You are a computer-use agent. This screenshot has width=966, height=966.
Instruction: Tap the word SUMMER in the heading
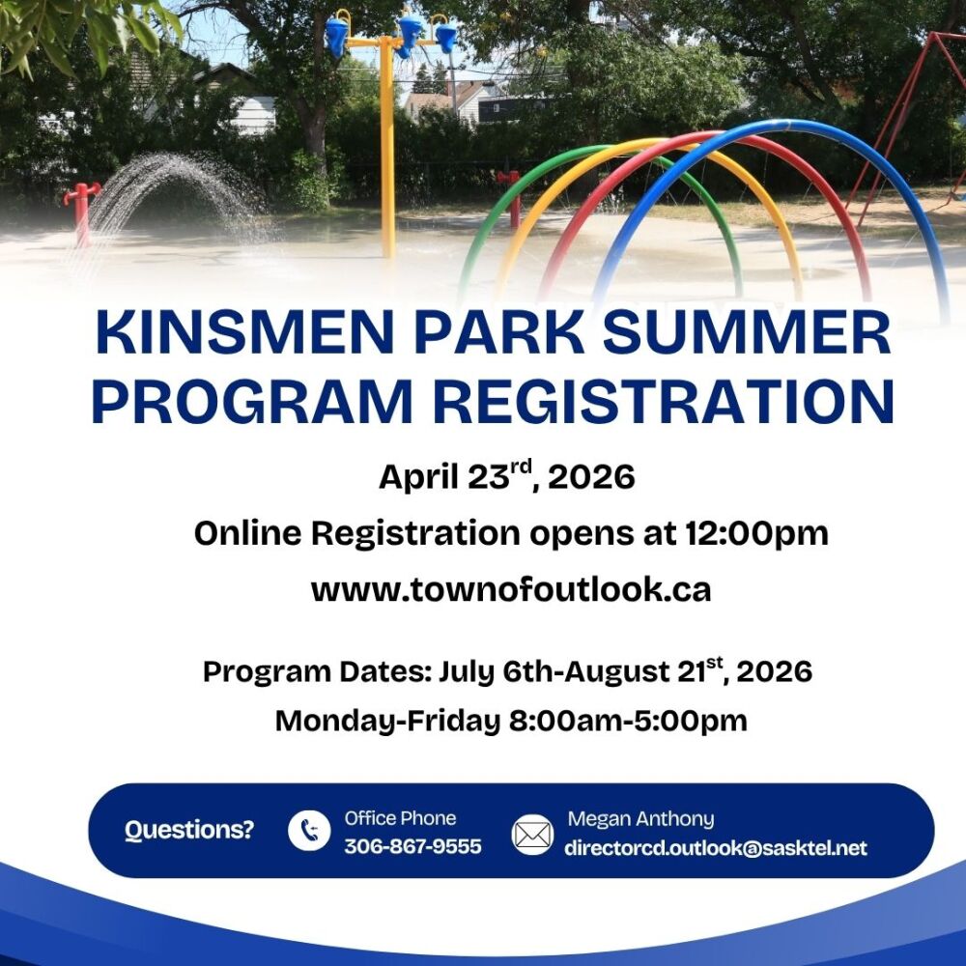(747, 332)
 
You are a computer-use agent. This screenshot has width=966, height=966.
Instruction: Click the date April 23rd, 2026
(506, 476)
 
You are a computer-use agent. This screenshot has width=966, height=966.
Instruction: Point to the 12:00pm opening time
(756, 533)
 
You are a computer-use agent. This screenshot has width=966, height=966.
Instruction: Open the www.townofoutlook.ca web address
(511, 589)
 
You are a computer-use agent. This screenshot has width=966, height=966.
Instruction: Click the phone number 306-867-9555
(412, 846)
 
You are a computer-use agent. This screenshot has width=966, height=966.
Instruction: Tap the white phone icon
(309, 831)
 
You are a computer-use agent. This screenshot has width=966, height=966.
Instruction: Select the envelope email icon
(532, 835)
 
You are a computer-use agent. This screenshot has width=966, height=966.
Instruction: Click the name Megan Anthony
(640, 819)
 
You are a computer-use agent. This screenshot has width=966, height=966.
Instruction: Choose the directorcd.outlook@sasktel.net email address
(715, 848)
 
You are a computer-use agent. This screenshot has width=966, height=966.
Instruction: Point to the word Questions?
(189, 830)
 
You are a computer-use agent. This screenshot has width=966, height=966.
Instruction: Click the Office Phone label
(401, 818)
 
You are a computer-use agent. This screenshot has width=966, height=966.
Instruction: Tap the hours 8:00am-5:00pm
(628, 721)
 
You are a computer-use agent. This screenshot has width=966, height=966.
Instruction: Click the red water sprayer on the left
(81, 213)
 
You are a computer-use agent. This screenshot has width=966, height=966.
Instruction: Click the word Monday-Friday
(387, 721)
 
